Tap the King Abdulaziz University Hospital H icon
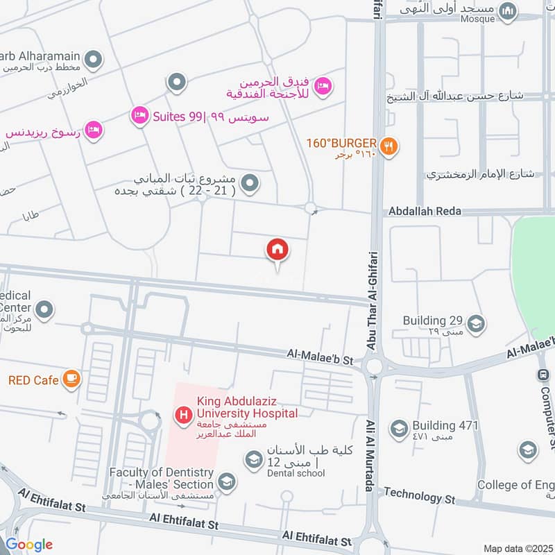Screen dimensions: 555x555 [183, 415]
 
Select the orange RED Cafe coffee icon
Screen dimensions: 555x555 [71, 379]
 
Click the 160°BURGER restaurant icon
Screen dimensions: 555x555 [390, 146]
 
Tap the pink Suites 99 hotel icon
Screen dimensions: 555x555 [139, 116]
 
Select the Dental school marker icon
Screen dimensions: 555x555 [253, 459]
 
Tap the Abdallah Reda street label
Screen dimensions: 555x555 [425, 211]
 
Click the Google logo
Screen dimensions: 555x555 [29, 545]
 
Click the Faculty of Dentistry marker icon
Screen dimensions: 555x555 [226, 481]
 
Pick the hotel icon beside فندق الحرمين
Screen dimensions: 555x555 [323, 86]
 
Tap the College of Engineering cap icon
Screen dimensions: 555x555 [528, 450]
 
